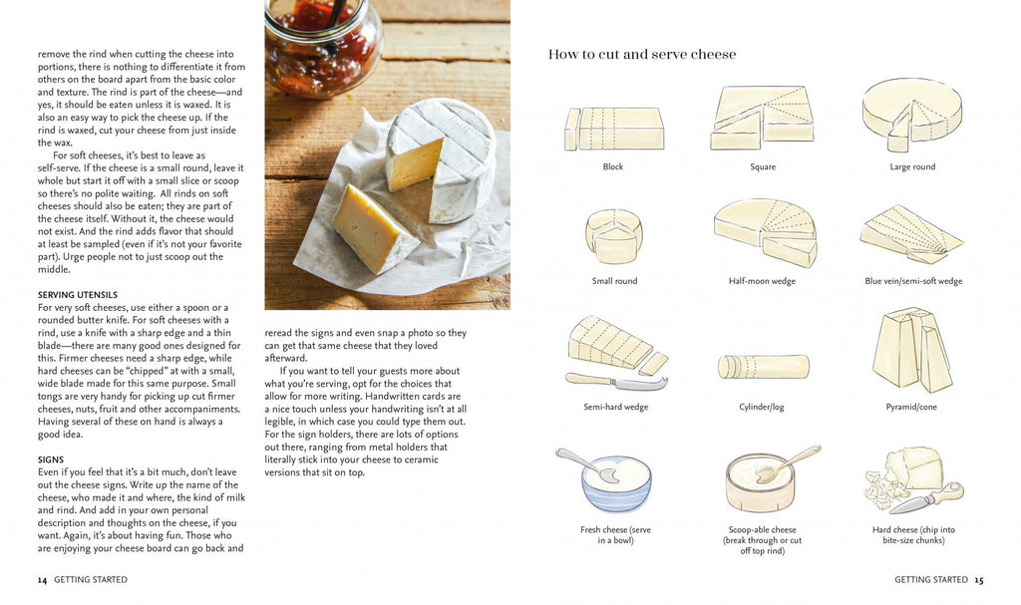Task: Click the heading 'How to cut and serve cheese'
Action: (642, 55)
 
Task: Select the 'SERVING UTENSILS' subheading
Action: (78, 295)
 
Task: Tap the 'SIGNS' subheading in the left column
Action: (51, 459)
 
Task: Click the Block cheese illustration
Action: (614, 129)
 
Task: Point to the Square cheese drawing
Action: (762, 118)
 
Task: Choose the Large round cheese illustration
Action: (911, 112)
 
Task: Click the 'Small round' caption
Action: (614, 281)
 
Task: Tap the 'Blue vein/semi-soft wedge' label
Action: (913, 281)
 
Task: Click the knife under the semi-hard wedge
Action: (615, 381)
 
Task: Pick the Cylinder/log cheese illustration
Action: (763, 367)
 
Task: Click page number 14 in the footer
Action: (42, 579)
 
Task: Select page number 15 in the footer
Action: (979, 579)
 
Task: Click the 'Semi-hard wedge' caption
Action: (615, 407)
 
